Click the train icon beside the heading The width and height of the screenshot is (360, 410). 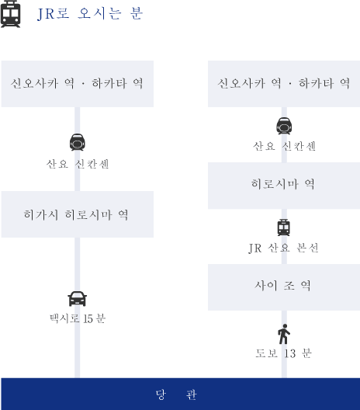(10, 14)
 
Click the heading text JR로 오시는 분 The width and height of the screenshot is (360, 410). (90, 14)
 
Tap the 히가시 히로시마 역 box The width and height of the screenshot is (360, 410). (78, 214)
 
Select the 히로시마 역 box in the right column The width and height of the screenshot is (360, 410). (284, 186)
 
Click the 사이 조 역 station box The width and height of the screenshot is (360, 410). (284, 287)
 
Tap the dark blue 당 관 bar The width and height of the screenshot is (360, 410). (181, 394)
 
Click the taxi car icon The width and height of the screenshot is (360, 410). (78, 299)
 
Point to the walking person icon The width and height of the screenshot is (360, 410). (284, 334)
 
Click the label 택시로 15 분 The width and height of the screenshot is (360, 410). (78, 318)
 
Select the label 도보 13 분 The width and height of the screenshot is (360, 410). (283, 353)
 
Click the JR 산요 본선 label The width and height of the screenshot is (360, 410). (283, 248)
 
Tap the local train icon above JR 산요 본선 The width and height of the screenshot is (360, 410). (284, 228)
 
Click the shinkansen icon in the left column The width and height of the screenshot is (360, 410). (78, 142)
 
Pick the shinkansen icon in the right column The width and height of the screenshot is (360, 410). (284, 126)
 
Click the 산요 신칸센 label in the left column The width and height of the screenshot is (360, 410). (78, 164)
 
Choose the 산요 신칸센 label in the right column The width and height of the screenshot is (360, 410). (284, 146)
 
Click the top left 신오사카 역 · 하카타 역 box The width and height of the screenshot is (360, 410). (78, 84)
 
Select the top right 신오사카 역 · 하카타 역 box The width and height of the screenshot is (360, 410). (284, 84)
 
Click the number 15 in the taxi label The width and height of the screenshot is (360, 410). (88, 318)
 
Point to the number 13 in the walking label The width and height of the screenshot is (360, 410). (290, 353)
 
